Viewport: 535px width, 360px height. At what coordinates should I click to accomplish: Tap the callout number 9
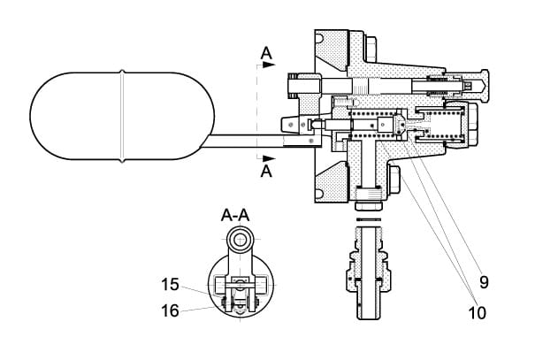[484, 283]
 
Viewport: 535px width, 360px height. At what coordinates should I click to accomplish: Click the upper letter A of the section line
[266, 56]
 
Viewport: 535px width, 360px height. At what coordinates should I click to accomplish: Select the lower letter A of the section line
[266, 172]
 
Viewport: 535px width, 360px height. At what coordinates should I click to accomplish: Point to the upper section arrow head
[271, 65]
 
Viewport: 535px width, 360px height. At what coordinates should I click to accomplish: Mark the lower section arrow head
[271, 160]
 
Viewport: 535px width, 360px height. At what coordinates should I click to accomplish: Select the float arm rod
[239, 136]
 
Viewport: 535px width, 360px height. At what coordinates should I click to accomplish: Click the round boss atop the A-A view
[240, 239]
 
